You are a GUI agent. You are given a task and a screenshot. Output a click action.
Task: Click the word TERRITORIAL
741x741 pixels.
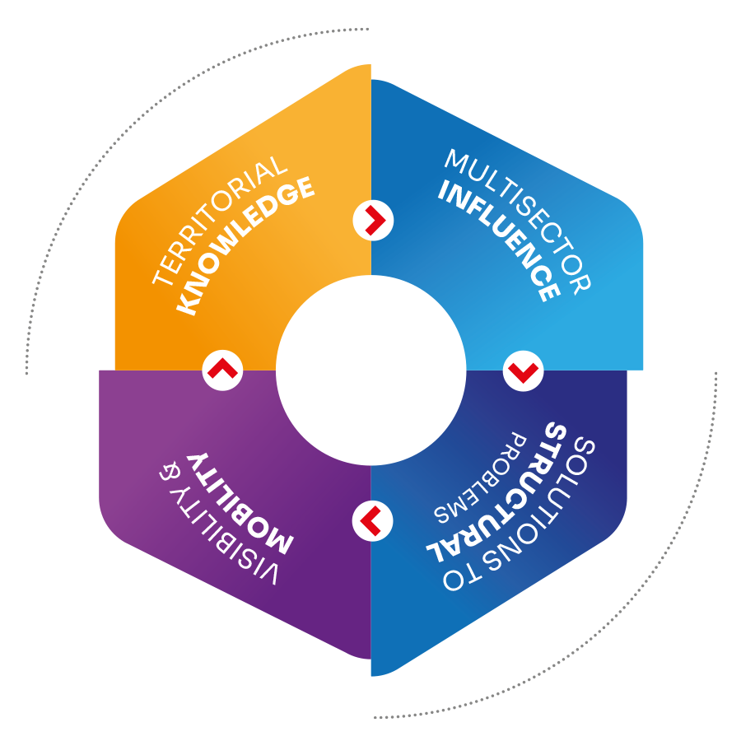click(221, 221)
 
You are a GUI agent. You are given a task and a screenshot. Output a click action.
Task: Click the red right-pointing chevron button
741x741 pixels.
click(373, 220)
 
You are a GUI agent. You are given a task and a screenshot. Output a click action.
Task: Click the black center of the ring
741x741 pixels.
click(370, 370)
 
